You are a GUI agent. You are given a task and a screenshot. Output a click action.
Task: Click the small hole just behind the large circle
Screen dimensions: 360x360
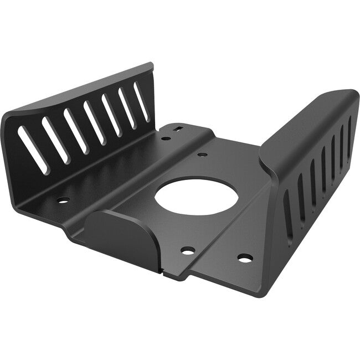point(202,155)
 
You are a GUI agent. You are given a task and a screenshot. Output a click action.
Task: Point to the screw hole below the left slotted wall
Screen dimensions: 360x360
point(63,200)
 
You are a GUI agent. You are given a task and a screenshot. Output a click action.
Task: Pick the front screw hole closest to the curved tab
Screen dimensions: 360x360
point(188,250)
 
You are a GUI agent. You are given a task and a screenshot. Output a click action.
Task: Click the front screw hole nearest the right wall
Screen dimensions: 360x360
point(244,258)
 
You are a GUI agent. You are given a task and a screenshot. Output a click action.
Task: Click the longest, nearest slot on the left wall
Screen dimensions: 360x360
point(33,150)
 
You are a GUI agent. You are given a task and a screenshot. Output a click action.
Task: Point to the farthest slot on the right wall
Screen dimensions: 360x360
point(349,132)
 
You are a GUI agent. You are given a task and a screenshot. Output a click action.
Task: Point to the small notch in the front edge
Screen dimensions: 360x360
point(162,272)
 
